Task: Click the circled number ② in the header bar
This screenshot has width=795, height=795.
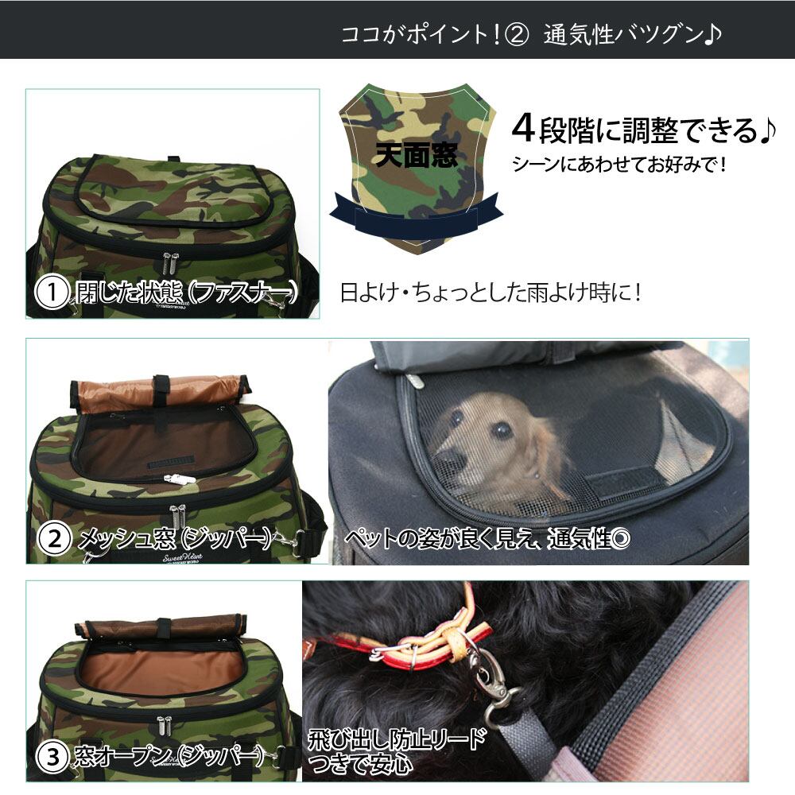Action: coord(517,35)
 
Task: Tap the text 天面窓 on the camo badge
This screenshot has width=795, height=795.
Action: coord(417,155)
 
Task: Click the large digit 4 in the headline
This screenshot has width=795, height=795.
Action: coord(523,129)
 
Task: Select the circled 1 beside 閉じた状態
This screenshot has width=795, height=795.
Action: coord(51,293)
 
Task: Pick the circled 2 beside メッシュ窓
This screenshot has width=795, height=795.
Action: coord(54,538)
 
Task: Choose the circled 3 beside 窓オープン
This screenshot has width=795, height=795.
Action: coord(52,758)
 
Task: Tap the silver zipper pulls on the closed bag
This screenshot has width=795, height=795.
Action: coord(171,264)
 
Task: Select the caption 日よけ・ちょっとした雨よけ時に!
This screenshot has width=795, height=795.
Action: coord(491,293)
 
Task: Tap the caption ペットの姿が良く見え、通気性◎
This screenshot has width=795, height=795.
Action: coord(488,538)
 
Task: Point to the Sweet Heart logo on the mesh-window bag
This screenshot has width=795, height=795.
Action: coord(183,558)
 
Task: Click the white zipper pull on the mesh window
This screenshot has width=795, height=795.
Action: coord(180,479)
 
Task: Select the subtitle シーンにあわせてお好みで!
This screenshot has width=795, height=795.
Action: coord(619,165)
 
